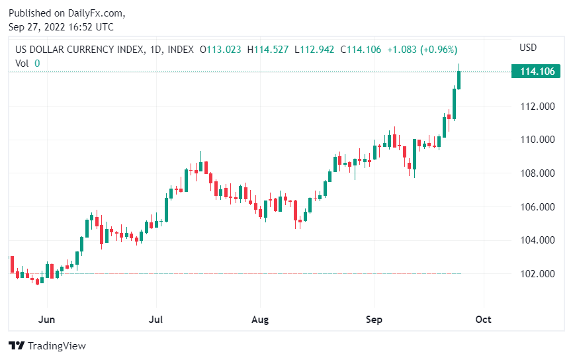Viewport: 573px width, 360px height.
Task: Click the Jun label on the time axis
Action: (x=46, y=320)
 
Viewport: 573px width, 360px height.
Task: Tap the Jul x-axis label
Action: (x=156, y=320)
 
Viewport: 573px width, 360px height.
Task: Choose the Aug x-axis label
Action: (x=260, y=320)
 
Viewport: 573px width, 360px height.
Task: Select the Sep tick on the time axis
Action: (x=375, y=320)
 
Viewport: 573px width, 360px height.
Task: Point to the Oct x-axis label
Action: (x=484, y=320)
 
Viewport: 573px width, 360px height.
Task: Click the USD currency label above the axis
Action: (x=528, y=48)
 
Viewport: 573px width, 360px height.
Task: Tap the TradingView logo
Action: (x=47, y=345)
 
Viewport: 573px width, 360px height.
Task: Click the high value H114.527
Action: (x=268, y=50)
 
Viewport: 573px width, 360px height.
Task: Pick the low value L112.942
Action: (x=314, y=50)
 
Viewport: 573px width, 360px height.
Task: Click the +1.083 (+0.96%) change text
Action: (x=422, y=50)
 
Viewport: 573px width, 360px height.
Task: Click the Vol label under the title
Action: (x=22, y=64)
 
